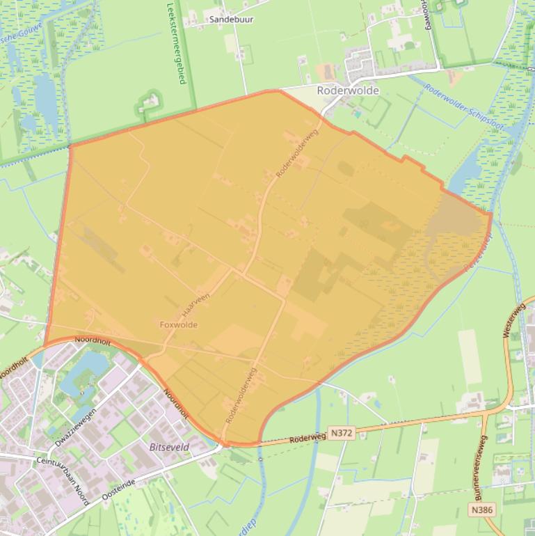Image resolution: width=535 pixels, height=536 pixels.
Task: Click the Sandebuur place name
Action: click(231, 19)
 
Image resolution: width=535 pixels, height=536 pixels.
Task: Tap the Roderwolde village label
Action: click(348, 90)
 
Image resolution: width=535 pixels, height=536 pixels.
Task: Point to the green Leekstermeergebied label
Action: click(177, 43)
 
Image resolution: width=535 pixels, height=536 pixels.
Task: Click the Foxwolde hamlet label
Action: click(179, 324)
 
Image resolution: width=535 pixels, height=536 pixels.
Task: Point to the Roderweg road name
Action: click(308, 438)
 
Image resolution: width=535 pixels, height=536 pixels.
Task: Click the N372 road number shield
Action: click(342, 433)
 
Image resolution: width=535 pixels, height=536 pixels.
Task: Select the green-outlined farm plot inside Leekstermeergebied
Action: click(149, 103)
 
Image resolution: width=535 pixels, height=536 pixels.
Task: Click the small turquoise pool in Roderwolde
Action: click(358, 113)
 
